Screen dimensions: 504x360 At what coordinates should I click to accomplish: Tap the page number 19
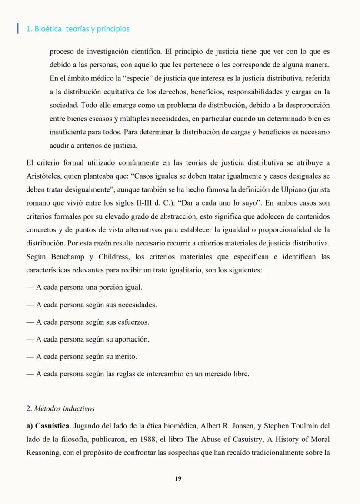tap(178, 478)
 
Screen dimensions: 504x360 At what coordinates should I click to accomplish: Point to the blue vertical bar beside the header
tap(18, 29)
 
